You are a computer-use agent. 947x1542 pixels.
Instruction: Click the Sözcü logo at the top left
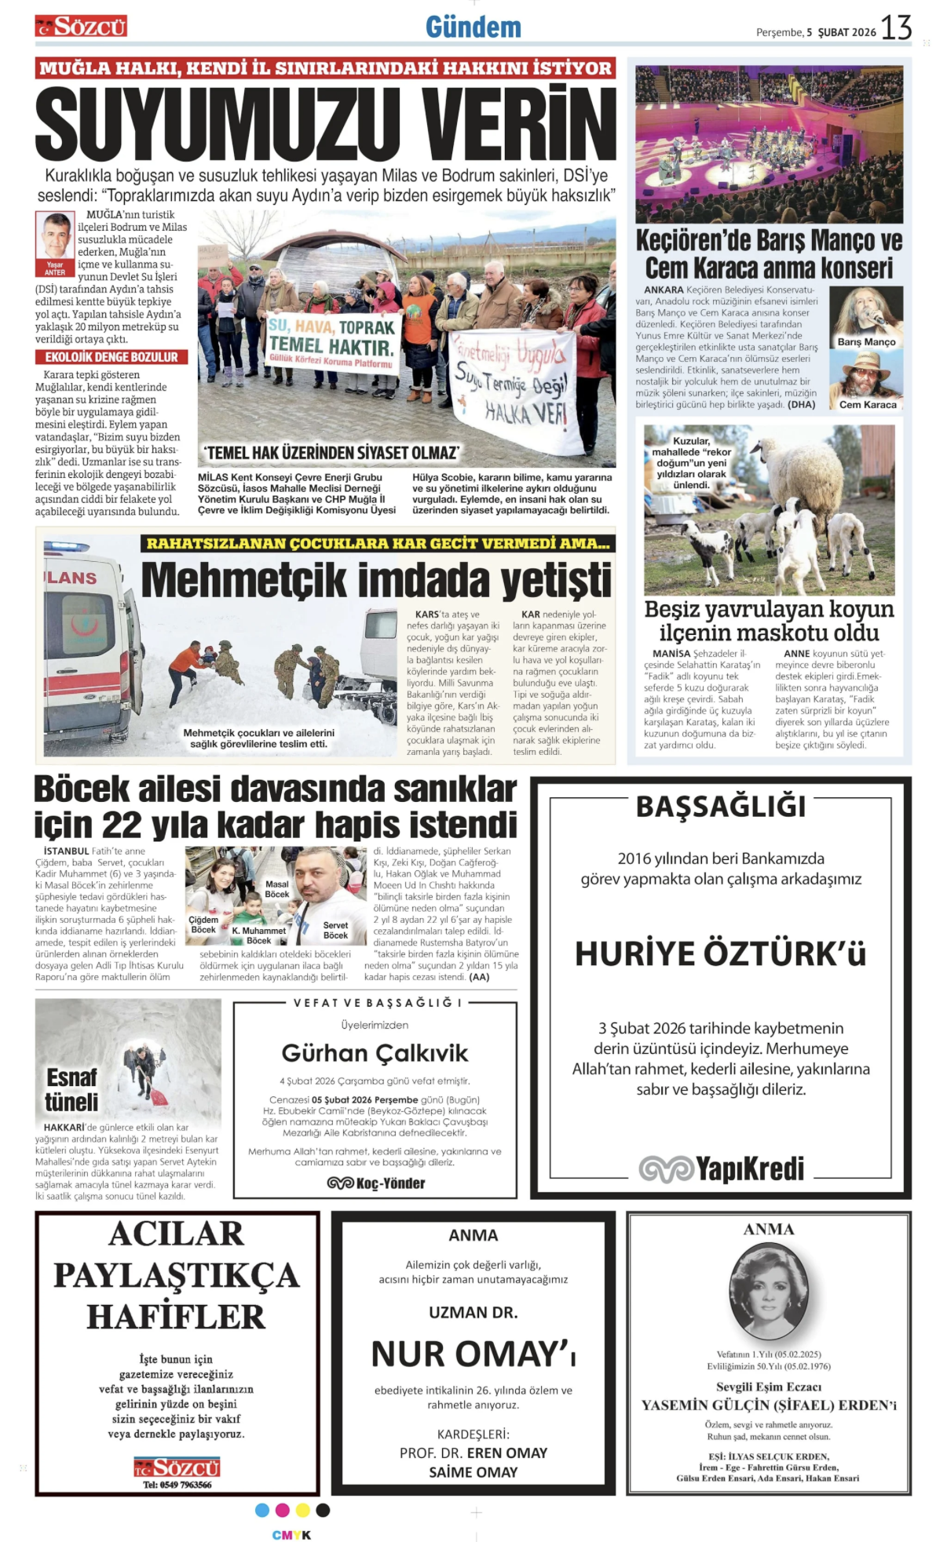tap(81, 27)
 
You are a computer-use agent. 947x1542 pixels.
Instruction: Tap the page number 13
tap(896, 28)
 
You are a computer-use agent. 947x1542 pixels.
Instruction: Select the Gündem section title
tap(473, 27)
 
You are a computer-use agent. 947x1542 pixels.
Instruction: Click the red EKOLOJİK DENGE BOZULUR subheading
tap(111, 357)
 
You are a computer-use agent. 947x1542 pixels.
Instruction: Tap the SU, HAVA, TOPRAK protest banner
tap(333, 342)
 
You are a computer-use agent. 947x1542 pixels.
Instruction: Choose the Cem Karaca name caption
tap(868, 405)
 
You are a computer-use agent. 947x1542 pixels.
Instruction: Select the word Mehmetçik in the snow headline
tap(243, 581)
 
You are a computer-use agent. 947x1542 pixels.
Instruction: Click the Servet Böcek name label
tap(335, 930)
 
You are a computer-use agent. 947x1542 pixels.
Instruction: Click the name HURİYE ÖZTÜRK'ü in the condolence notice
tap(720, 953)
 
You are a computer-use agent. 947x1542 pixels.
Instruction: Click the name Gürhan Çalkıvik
tap(375, 1053)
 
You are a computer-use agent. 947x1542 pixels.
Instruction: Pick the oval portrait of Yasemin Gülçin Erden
tap(768, 1292)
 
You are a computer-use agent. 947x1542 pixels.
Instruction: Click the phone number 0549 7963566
tap(177, 1485)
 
